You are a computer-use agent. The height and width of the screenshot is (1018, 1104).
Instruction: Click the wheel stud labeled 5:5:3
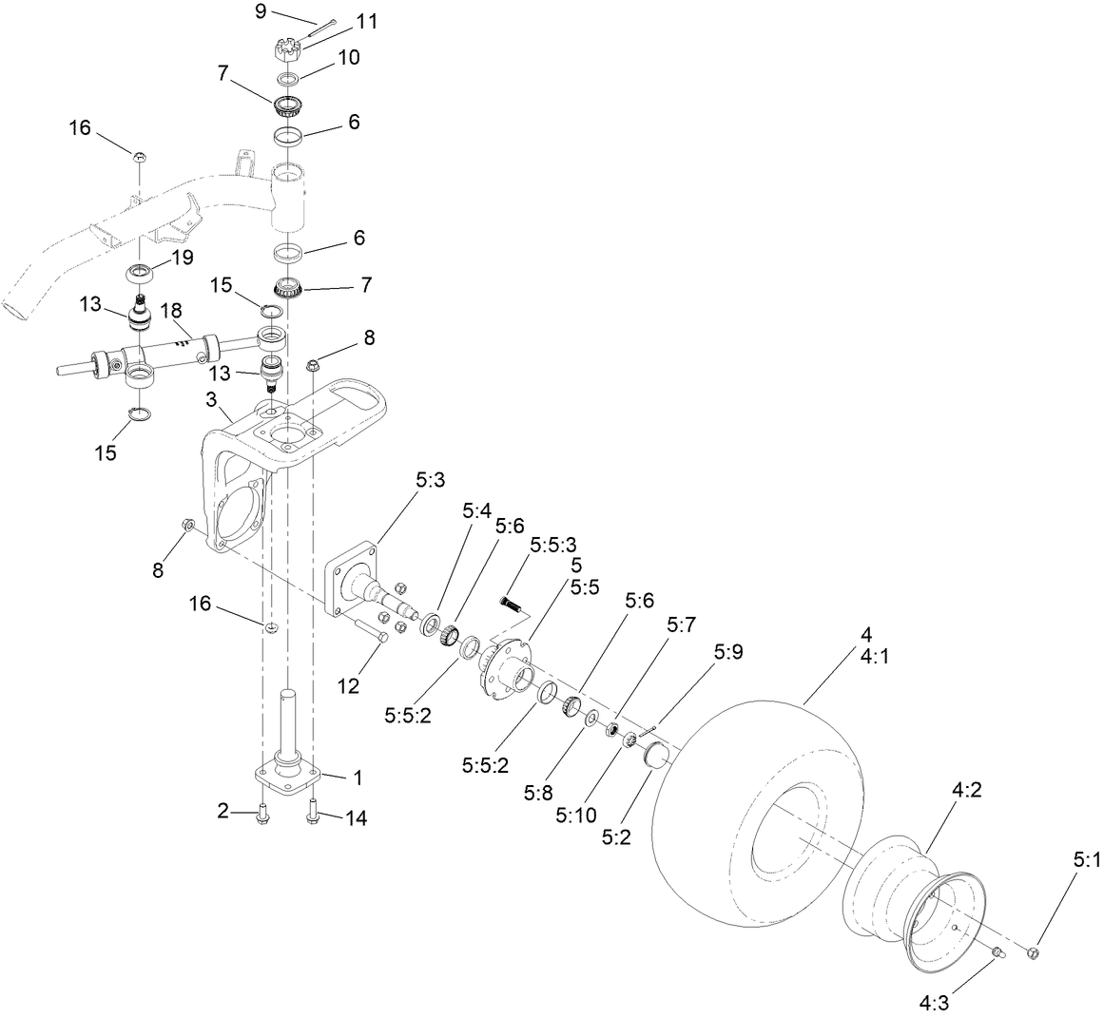pyautogui.click(x=513, y=603)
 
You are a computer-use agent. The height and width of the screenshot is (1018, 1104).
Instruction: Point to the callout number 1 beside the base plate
pyautogui.click(x=358, y=778)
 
